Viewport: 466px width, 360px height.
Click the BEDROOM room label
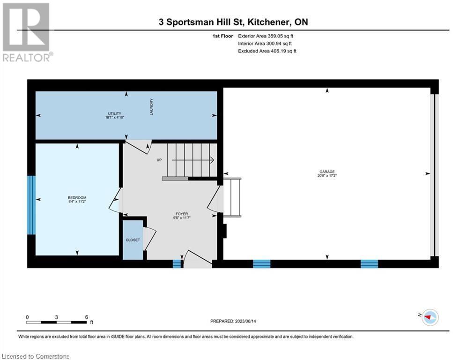click(77, 197)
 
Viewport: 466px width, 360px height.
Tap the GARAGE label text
click(327, 172)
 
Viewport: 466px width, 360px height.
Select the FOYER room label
click(182, 214)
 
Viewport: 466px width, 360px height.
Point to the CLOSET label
click(133, 240)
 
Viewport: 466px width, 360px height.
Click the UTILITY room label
click(114, 113)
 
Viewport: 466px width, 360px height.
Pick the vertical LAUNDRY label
click(151, 107)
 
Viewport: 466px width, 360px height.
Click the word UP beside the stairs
click(159, 160)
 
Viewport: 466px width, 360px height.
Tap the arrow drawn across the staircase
click(193, 160)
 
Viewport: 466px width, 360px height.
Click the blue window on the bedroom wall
click(31, 205)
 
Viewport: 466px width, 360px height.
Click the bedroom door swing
click(116, 200)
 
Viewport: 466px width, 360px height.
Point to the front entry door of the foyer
click(197, 258)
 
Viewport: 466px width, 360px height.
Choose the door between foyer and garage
click(215, 199)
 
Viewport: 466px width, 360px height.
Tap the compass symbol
click(430, 317)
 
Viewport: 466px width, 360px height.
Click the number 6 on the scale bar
click(87, 317)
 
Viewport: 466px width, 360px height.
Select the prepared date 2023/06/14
click(245, 321)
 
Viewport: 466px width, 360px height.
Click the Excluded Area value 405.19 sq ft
click(282, 51)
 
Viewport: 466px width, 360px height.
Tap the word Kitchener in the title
click(269, 22)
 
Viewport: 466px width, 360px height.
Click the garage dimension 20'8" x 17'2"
click(327, 175)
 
